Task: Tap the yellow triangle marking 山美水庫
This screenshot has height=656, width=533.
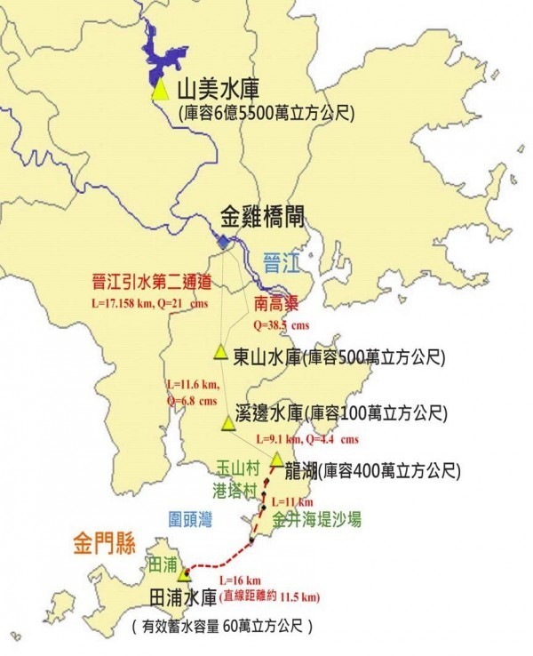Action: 160,90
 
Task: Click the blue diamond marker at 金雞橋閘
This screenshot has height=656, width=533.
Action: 223,242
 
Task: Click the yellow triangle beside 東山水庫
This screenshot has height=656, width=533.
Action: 220,352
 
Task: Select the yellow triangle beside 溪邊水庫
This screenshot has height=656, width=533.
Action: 228,423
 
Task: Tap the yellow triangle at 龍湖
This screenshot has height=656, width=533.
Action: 277,460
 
